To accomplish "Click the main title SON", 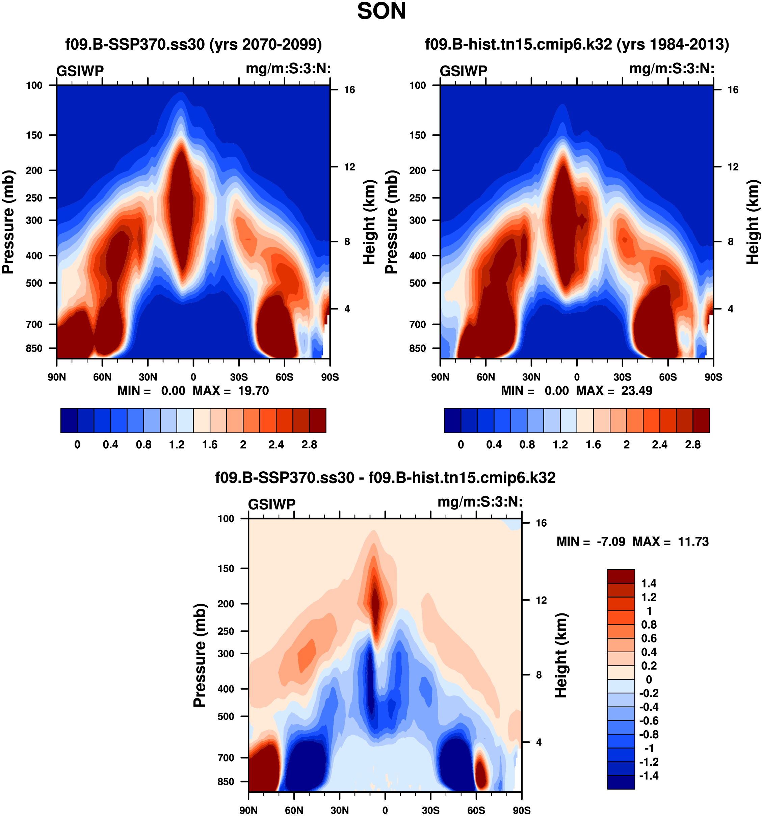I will (381, 11).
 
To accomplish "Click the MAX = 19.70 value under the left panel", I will (231, 390).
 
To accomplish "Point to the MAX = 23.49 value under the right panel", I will (614, 390).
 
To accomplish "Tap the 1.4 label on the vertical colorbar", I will (649, 583).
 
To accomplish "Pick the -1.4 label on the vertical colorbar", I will (649, 775).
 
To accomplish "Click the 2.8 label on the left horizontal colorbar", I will (309, 445).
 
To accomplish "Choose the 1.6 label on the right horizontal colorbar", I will (593, 445).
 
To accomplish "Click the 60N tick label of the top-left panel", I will (102, 377).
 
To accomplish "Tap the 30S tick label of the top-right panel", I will (622, 377).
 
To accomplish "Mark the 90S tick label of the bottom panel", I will (521, 810).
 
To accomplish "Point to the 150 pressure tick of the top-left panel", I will (34, 135).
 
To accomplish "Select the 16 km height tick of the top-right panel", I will (733, 90).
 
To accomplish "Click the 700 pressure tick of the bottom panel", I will (226, 757).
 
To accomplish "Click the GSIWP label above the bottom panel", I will (272, 504).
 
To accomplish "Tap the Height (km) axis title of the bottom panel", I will (561, 656).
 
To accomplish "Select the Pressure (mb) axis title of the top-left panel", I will (8, 222).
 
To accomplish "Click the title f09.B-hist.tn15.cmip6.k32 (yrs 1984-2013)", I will (577, 44).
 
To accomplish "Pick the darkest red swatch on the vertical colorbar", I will (621, 576).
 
